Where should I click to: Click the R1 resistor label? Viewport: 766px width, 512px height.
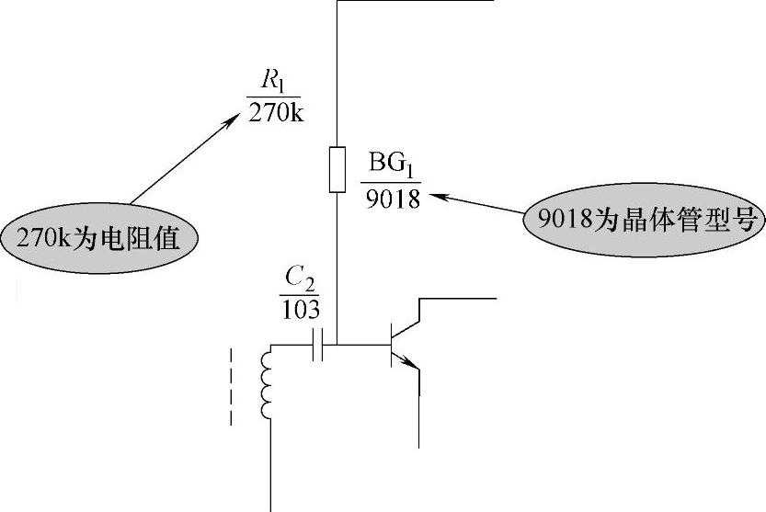click(x=274, y=82)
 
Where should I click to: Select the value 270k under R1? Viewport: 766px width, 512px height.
click(x=273, y=115)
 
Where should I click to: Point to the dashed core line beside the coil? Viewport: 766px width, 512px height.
click(x=230, y=386)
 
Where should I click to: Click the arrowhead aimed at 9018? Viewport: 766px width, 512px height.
click(x=440, y=195)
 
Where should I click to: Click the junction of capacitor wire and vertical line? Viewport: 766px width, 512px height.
click(x=337, y=346)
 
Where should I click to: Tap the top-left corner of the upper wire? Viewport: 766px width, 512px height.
click(x=337, y=3)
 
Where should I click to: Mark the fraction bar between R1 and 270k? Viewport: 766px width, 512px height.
click(x=273, y=97)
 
